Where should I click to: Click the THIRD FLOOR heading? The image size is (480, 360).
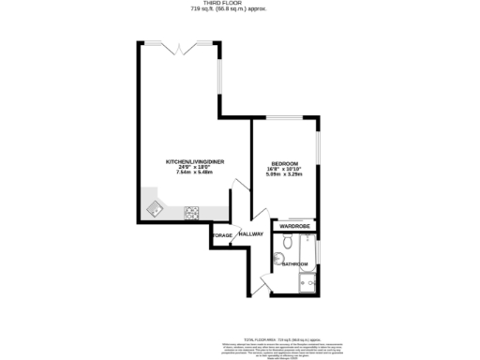coord(240,4)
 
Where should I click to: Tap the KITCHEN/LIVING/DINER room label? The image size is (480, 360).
coord(195,161)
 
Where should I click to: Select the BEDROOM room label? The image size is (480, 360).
coord(284,161)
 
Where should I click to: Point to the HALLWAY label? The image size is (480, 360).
coord(250,233)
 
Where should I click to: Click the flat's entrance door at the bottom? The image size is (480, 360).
coord(265,286)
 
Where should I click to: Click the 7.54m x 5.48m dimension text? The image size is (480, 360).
coord(195,172)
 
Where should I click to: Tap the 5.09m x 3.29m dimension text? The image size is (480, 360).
coord(284,172)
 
